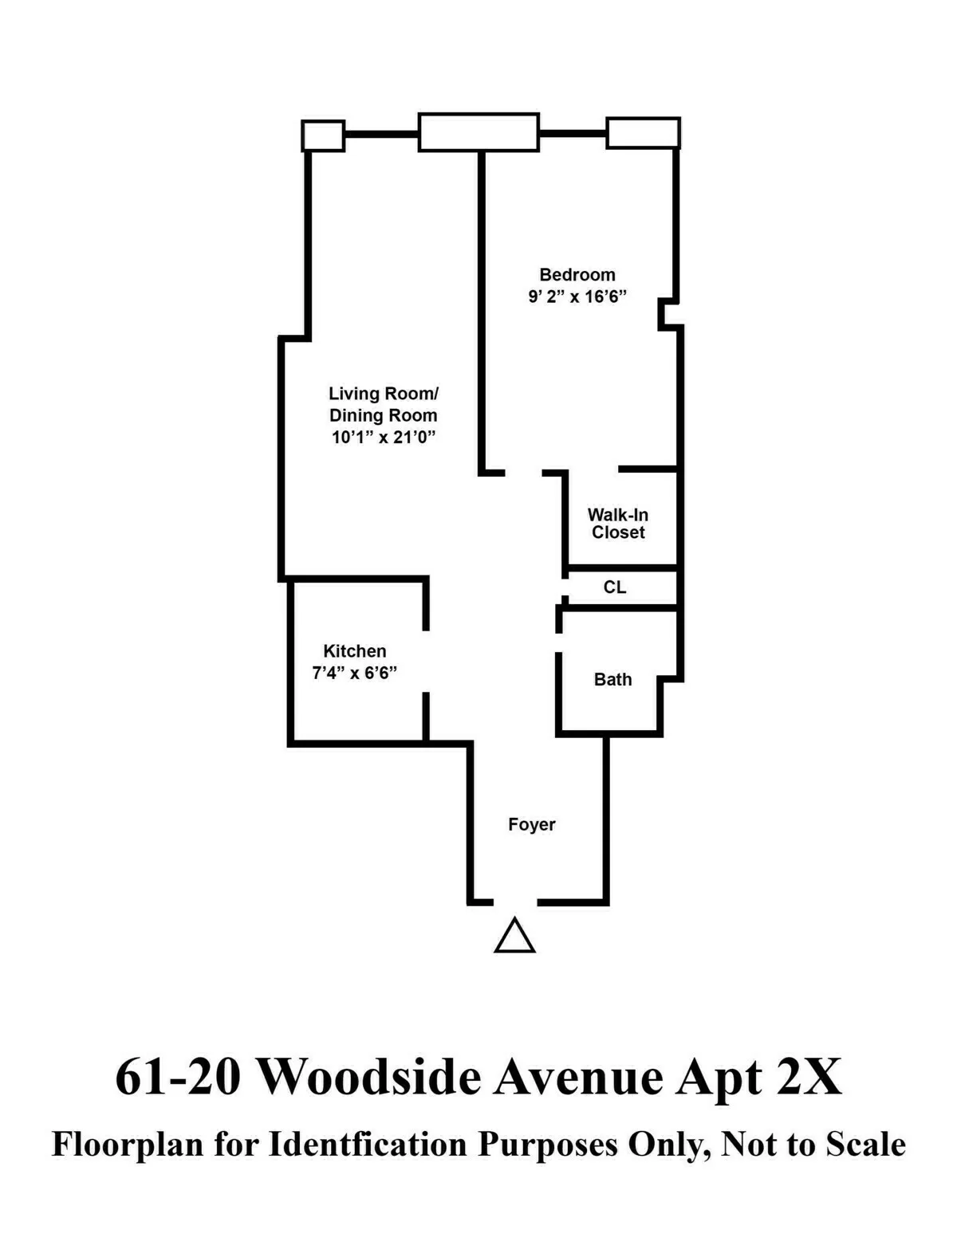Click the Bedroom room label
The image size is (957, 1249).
[x=577, y=275]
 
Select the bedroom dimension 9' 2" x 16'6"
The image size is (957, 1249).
[x=577, y=297]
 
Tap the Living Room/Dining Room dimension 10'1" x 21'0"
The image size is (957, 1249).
[x=383, y=437]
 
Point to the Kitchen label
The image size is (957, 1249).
[x=355, y=651]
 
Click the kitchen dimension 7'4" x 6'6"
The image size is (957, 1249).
[x=355, y=673]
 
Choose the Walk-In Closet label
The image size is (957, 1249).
[x=618, y=524]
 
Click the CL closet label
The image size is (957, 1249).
[x=615, y=587]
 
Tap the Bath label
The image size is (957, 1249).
[x=612, y=680]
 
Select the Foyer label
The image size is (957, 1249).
[x=532, y=825]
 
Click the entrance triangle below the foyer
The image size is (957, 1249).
[x=514, y=937]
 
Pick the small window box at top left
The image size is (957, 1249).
[x=323, y=136]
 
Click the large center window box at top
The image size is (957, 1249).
[x=478, y=132]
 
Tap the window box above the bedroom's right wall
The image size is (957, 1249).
[x=643, y=133]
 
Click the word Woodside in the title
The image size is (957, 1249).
[x=369, y=1077]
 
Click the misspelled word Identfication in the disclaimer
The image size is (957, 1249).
[x=368, y=1145]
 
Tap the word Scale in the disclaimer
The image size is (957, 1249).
[x=865, y=1145]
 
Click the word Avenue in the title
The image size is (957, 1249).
[x=578, y=1077]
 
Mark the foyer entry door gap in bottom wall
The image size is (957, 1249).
[x=515, y=902]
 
